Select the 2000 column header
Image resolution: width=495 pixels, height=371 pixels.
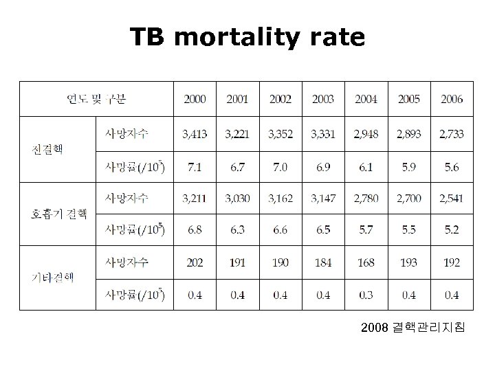[195, 100]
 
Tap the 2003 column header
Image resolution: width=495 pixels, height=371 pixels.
[322, 100]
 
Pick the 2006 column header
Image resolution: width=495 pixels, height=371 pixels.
[452, 100]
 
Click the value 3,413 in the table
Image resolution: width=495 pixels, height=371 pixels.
[195, 133]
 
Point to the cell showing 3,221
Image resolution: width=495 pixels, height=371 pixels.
[237, 133]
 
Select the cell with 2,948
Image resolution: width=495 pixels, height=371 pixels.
[366, 133]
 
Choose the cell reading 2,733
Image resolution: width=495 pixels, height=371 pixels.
[452, 133]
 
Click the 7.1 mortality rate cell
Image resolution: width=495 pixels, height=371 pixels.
[195, 166]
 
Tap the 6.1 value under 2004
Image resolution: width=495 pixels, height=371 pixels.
[366, 166]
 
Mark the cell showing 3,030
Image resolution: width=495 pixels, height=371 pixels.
[237, 199]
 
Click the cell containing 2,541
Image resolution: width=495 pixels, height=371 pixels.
[452, 199]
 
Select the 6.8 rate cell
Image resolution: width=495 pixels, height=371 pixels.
[195, 229]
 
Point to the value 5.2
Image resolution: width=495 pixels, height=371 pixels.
[452, 229]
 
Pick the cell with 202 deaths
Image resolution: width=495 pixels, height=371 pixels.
[195, 262]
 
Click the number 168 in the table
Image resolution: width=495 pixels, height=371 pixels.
[366, 262]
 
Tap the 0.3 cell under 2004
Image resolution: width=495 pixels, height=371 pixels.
[366, 295]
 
